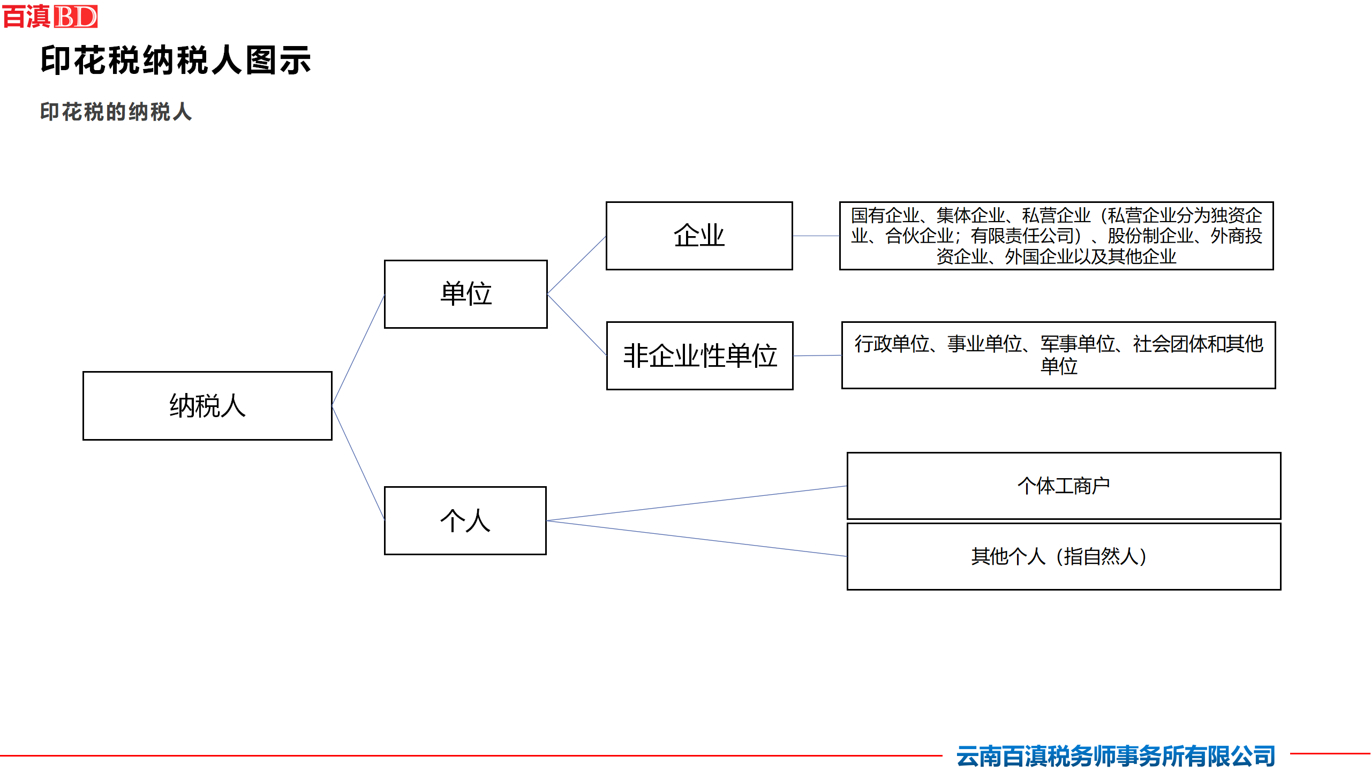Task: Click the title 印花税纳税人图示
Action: click(176, 60)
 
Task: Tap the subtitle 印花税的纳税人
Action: click(116, 112)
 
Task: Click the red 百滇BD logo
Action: click(50, 16)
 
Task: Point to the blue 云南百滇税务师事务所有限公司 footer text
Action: click(1116, 756)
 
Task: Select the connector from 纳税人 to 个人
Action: click(358, 463)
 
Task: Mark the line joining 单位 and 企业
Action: click(577, 265)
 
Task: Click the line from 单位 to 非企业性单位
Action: click(577, 324)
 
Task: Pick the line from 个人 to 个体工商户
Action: click(697, 503)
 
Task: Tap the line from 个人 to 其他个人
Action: click(697, 538)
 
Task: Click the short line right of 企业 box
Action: click(816, 236)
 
